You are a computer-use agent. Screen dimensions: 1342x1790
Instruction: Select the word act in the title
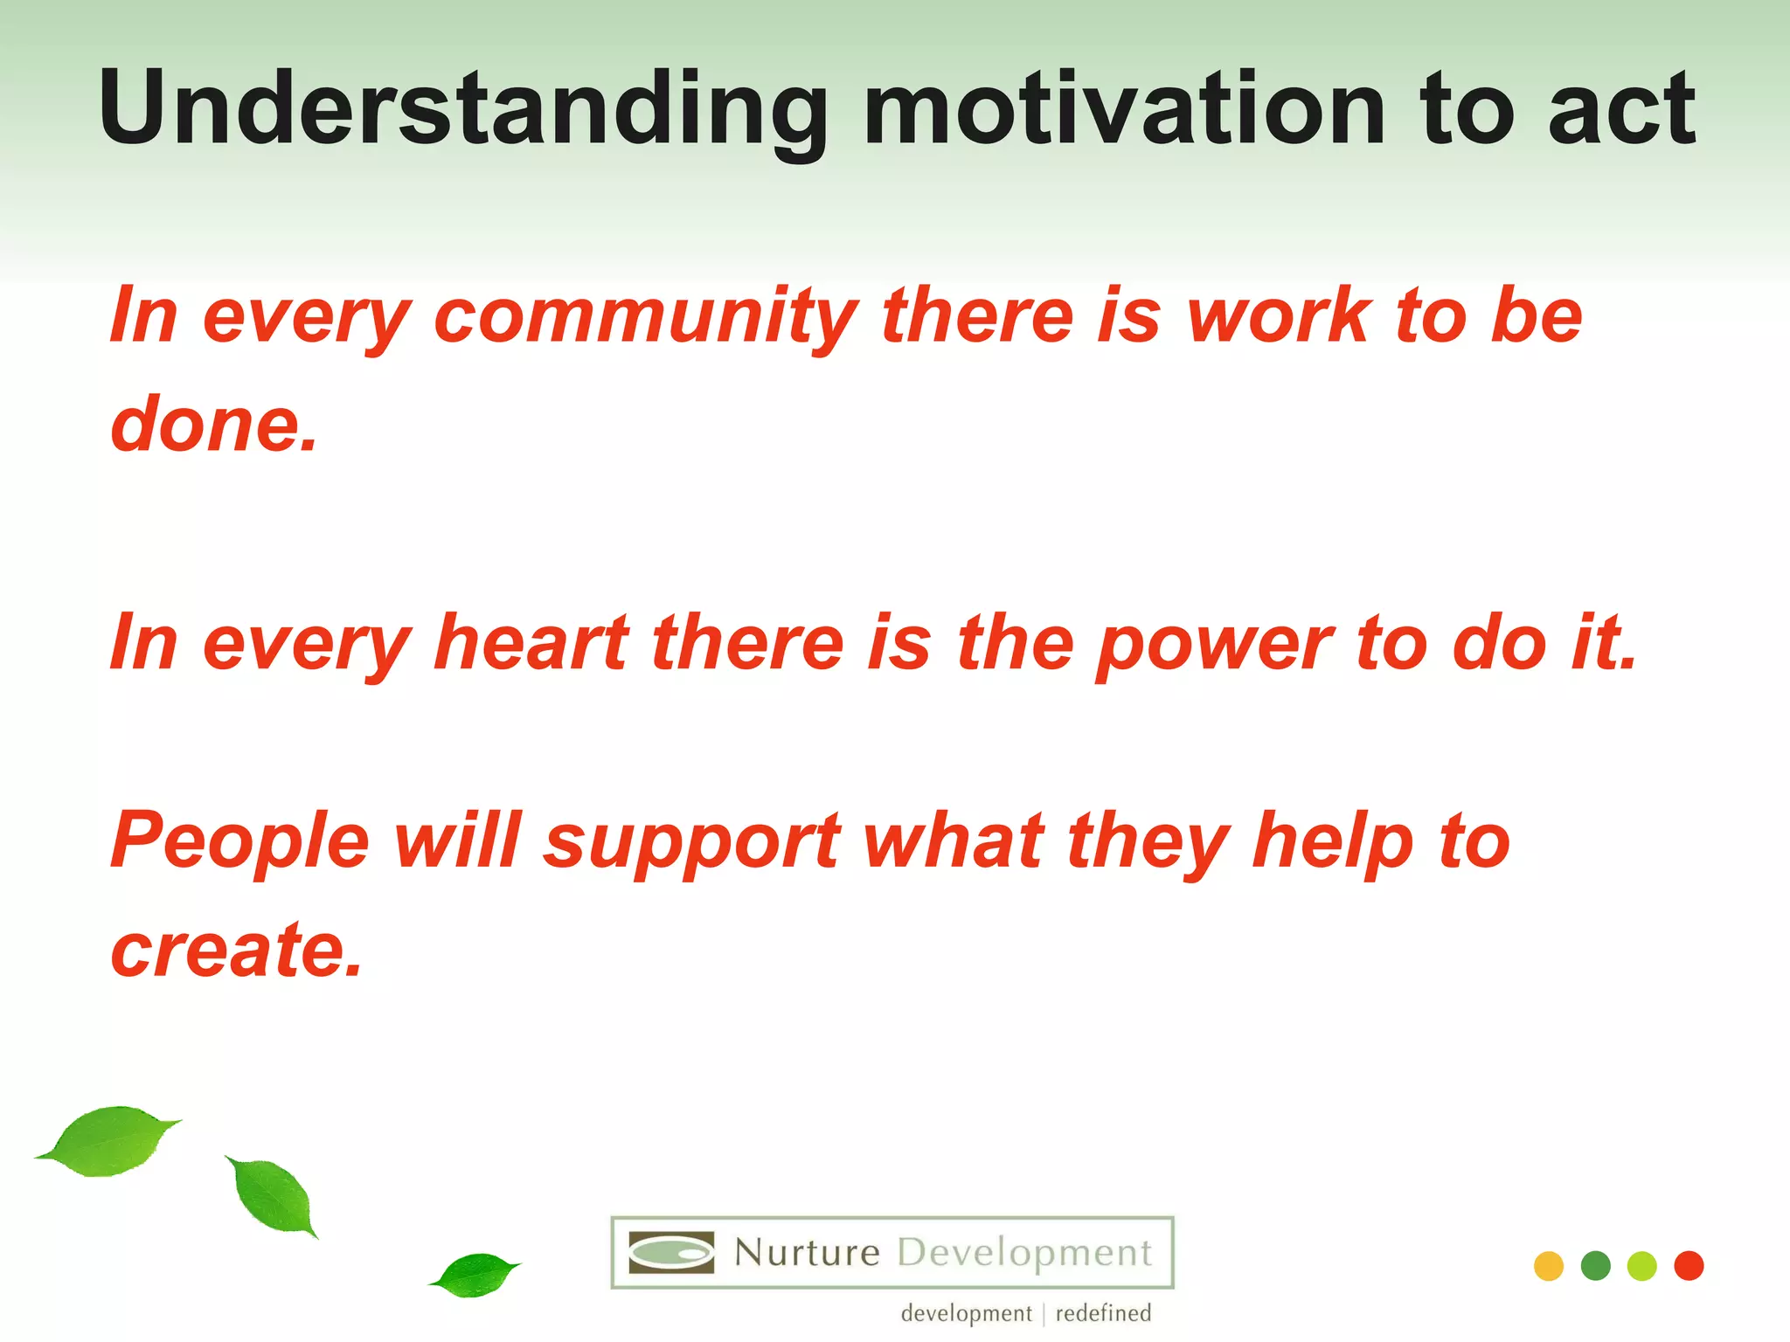click(1621, 109)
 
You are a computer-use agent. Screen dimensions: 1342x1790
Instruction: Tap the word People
click(240, 841)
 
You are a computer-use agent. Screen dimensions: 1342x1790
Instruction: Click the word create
click(236, 951)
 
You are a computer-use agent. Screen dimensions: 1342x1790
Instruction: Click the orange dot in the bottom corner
click(1548, 1266)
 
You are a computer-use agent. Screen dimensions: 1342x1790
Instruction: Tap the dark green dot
click(1595, 1266)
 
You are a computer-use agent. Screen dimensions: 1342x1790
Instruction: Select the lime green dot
click(1641, 1266)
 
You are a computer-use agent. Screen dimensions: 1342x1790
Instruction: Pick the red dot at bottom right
click(1689, 1266)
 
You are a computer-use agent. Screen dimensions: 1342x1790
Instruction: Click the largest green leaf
click(109, 1141)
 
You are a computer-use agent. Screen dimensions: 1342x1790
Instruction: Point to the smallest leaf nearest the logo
click(476, 1275)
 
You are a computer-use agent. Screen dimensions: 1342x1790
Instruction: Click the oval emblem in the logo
click(671, 1253)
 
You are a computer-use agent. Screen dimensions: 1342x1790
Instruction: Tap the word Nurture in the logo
click(806, 1253)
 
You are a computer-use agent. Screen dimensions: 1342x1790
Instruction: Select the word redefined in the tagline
click(1103, 1313)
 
